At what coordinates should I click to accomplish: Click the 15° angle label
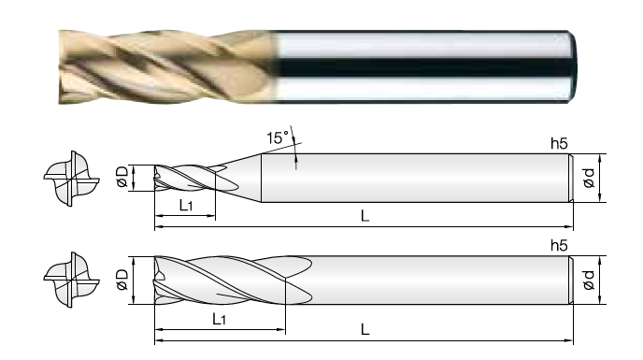coord(278,137)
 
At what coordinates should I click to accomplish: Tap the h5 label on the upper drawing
coord(559,144)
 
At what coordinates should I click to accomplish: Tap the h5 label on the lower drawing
coord(559,246)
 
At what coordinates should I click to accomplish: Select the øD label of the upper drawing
coord(122,177)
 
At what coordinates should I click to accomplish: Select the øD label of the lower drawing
coord(122,280)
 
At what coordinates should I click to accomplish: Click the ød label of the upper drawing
coord(589,178)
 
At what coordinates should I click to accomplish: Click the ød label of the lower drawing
coord(589,280)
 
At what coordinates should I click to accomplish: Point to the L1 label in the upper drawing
coord(186,205)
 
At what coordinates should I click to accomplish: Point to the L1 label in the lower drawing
coord(220,319)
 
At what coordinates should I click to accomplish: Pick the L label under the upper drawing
coord(365,215)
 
